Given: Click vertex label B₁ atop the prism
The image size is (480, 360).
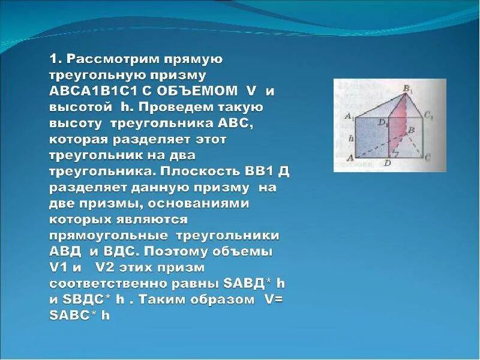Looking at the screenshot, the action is point(408,89).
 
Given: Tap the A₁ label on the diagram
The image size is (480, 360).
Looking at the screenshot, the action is point(349,116).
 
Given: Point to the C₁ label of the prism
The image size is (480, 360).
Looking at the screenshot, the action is point(428,116).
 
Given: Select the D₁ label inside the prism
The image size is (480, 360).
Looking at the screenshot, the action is point(383,123).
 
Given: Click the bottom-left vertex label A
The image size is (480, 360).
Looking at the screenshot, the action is point(350,158).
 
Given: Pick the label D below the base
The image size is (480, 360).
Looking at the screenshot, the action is point(388,163).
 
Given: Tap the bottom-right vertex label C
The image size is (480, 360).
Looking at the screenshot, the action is point(428,158).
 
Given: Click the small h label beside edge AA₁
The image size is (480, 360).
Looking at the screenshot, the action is point(352,139).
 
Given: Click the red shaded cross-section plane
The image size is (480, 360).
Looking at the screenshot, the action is point(398,125).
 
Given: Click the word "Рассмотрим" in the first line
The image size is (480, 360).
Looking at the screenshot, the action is point(114,59).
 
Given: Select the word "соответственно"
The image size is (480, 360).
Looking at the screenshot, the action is point(109,284).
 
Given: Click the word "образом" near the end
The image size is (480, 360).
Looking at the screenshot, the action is point(222,299).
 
